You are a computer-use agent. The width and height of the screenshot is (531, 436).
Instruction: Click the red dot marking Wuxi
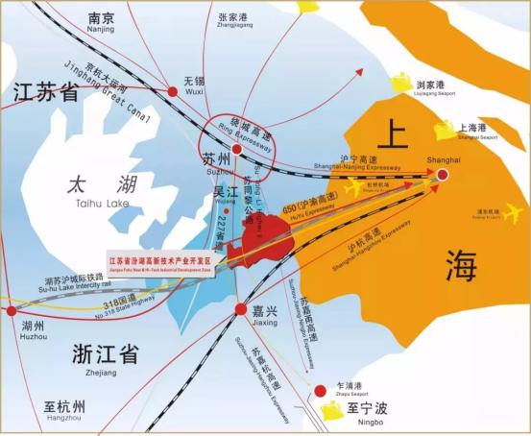coord(173,91)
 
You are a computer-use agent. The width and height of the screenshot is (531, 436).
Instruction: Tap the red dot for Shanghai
coord(443,175)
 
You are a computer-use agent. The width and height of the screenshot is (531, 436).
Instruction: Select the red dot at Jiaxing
coord(240,309)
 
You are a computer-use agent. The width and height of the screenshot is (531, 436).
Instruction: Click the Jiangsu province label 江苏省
coord(45,93)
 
